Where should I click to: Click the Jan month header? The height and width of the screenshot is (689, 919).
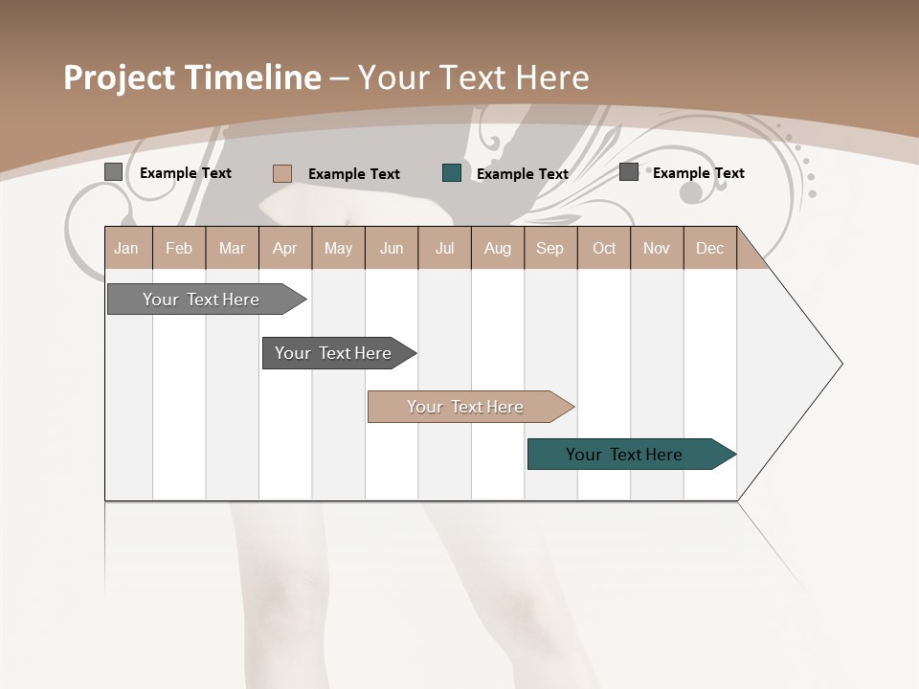(x=126, y=249)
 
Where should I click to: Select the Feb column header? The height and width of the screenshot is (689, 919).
(x=179, y=249)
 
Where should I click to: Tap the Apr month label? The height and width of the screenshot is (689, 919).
(x=284, y=249)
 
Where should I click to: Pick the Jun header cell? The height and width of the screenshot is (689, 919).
(x=392, y=249)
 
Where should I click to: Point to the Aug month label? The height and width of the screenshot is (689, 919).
(x=497, y=249)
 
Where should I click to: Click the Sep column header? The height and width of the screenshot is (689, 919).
(x=549, y=249)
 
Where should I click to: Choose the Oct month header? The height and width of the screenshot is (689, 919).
(x=604, y=249)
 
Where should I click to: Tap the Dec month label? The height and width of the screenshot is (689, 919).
(x=709, y=249)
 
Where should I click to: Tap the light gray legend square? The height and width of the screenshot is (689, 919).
(x=114, y=172)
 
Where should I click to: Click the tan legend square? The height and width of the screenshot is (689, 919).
(x=281, y=173)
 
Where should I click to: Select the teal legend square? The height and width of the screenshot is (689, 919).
(x=452, y=173)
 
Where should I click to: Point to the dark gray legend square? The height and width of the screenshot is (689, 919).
(x=629, y=172)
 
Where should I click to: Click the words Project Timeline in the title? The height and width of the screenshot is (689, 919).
(x=192, y=78)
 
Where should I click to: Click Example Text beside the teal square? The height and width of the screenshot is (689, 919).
(x=522, y=174)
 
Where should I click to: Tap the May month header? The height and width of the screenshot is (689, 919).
(x=338, y=249)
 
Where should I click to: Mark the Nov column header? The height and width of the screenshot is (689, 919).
(x=656, y=249)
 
